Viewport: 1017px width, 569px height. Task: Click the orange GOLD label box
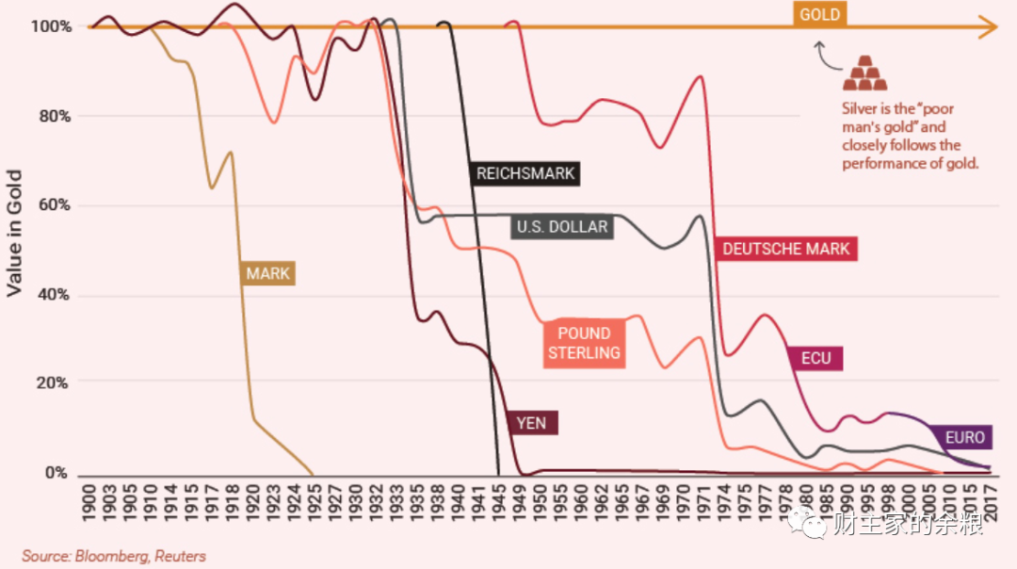[819, 15]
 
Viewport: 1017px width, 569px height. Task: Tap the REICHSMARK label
[525, 173]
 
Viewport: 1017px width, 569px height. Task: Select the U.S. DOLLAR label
[562, 227]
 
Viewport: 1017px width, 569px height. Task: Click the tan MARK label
[267, 274]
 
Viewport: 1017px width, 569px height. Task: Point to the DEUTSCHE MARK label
[785, 249]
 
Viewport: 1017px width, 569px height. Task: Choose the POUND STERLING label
[584, 343]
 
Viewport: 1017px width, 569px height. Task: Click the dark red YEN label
[531, 423]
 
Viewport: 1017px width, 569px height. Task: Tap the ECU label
[815, 359]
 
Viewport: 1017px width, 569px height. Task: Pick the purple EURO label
[965, 437]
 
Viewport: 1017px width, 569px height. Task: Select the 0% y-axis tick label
[56, 473]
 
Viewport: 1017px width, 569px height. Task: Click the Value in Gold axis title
[14, 234]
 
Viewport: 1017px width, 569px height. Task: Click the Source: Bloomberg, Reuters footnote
[114, 556]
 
